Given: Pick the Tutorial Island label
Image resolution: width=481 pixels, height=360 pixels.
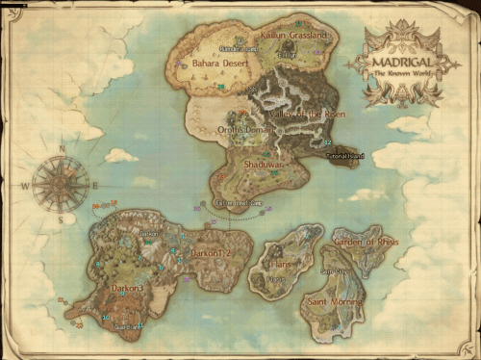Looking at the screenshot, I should (x=345, y=155).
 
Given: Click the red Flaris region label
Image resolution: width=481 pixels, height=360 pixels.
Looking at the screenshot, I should (x=280, y=261).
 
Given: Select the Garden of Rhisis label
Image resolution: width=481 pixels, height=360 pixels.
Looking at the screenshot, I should (x=367, y=242).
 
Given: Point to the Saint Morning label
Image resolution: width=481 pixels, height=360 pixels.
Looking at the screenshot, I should (x=331, y=302).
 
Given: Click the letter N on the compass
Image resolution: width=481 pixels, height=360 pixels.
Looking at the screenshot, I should (x=63, y=149).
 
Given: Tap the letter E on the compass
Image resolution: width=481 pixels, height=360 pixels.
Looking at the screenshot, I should (x=95, y=185).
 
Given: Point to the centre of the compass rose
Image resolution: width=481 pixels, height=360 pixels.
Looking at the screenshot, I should (x=61, y=184).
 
